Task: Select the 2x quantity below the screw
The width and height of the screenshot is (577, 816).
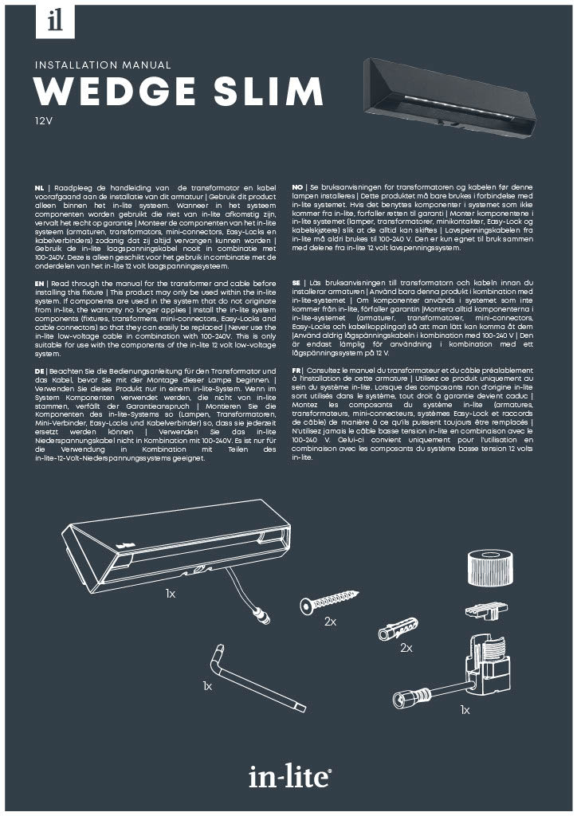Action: click(331, 622)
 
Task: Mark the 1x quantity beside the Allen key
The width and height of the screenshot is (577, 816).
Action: click(207, 685)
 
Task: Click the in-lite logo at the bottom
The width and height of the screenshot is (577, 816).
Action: click(288, 774)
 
